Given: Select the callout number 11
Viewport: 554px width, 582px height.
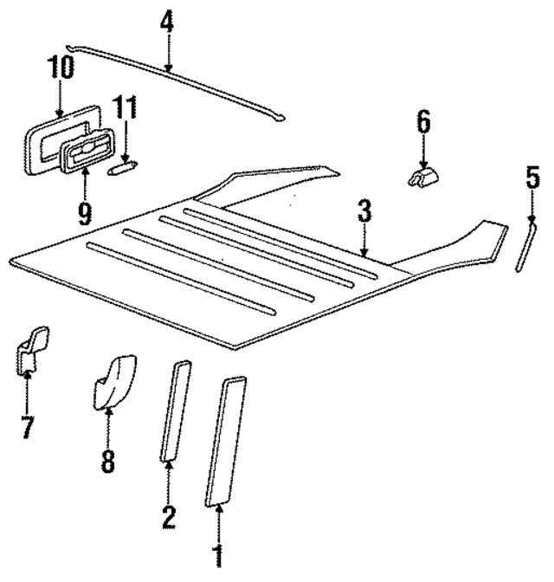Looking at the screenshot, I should (126, 110).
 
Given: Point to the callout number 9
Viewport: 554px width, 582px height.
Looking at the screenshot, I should (84, 213).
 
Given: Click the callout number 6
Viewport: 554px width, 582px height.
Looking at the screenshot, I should (423, 121).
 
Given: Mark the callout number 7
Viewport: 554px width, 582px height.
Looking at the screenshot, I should (28, 426).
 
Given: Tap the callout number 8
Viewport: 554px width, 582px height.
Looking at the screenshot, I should (107, 461).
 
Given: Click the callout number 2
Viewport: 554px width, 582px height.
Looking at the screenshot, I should (169, 517).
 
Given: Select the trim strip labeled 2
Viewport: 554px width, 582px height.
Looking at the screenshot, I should (173, 411).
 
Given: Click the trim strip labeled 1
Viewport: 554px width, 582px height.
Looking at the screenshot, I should (225, 440).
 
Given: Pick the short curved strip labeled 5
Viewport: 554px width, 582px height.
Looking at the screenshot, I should (522, 247).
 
